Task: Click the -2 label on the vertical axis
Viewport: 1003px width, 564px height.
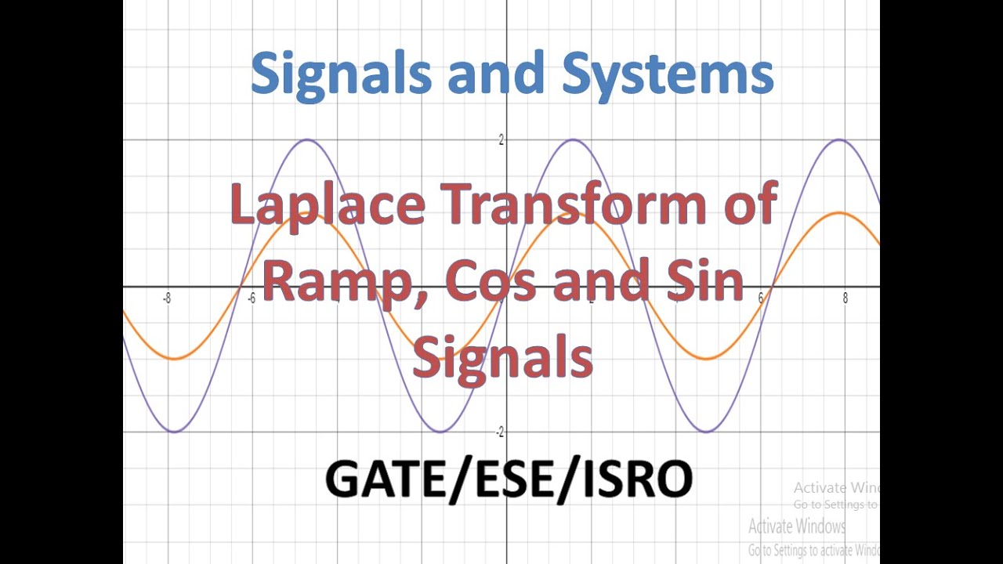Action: point(499,432)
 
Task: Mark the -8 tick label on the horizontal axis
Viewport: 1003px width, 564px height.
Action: point(167,298)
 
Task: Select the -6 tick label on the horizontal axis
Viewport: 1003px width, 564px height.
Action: point(252,298)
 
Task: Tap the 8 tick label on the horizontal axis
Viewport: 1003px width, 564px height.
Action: point(845,298)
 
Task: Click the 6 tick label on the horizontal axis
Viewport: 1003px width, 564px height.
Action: point(760,298)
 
